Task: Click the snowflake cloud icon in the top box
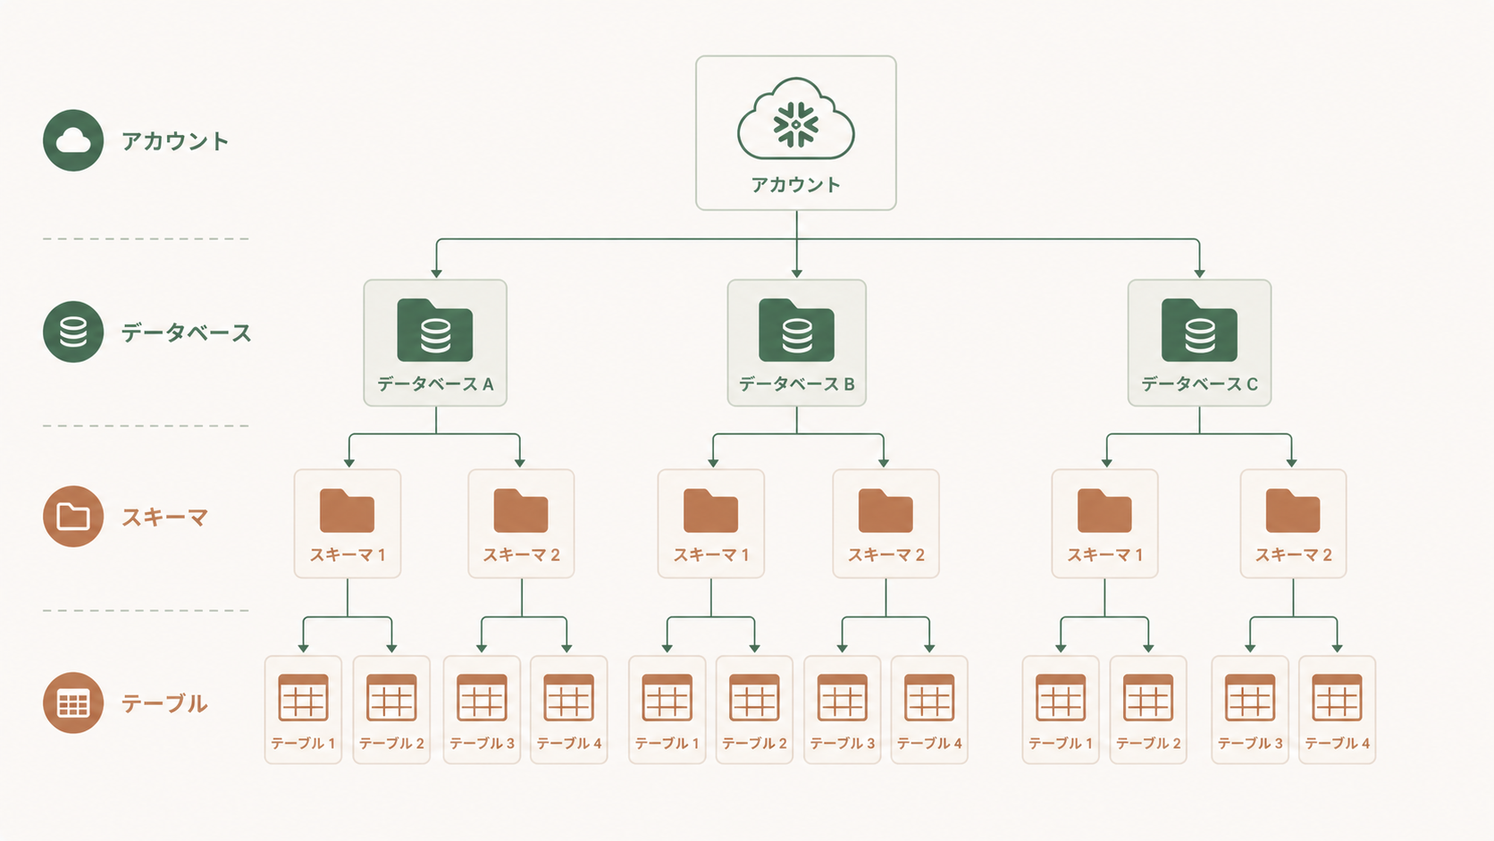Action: point(795,123)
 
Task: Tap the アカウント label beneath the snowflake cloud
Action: point(795,185)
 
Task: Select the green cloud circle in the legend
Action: point(73,140)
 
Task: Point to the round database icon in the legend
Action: point(73,332)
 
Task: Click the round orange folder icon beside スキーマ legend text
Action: point(73,517)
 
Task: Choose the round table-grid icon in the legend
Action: point(73,702)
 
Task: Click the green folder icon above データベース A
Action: point(435,331)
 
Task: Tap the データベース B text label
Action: point(796,384)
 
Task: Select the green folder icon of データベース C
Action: point(1199,331)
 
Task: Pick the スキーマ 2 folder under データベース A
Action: point(521,511)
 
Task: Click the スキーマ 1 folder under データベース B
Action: point(710,511)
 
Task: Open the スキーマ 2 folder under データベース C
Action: point(1293,511)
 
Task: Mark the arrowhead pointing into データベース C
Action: point(1199,273)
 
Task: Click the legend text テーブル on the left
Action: point(164,703)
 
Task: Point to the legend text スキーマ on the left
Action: point(164,517)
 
